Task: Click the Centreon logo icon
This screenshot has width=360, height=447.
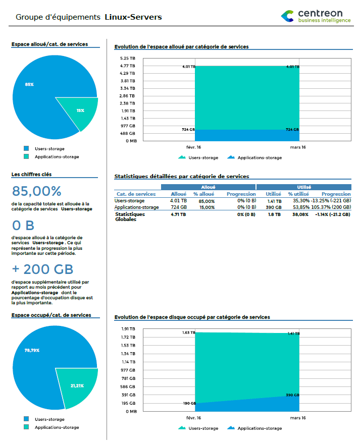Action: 287,16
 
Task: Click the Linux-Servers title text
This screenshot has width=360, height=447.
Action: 133,17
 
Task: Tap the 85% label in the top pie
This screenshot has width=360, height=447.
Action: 29,84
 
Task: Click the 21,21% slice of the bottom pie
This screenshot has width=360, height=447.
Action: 75,386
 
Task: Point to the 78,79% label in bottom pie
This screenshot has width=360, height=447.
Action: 32,350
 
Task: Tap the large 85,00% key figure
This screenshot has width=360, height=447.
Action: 36,192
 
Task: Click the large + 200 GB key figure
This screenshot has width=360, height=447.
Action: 42,269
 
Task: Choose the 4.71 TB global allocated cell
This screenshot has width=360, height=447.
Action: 179,214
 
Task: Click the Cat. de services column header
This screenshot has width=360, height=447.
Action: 136,194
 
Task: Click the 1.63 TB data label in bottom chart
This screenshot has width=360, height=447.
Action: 189,333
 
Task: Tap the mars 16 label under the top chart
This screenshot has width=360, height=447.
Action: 297,147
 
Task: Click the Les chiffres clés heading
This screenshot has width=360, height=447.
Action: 31,175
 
